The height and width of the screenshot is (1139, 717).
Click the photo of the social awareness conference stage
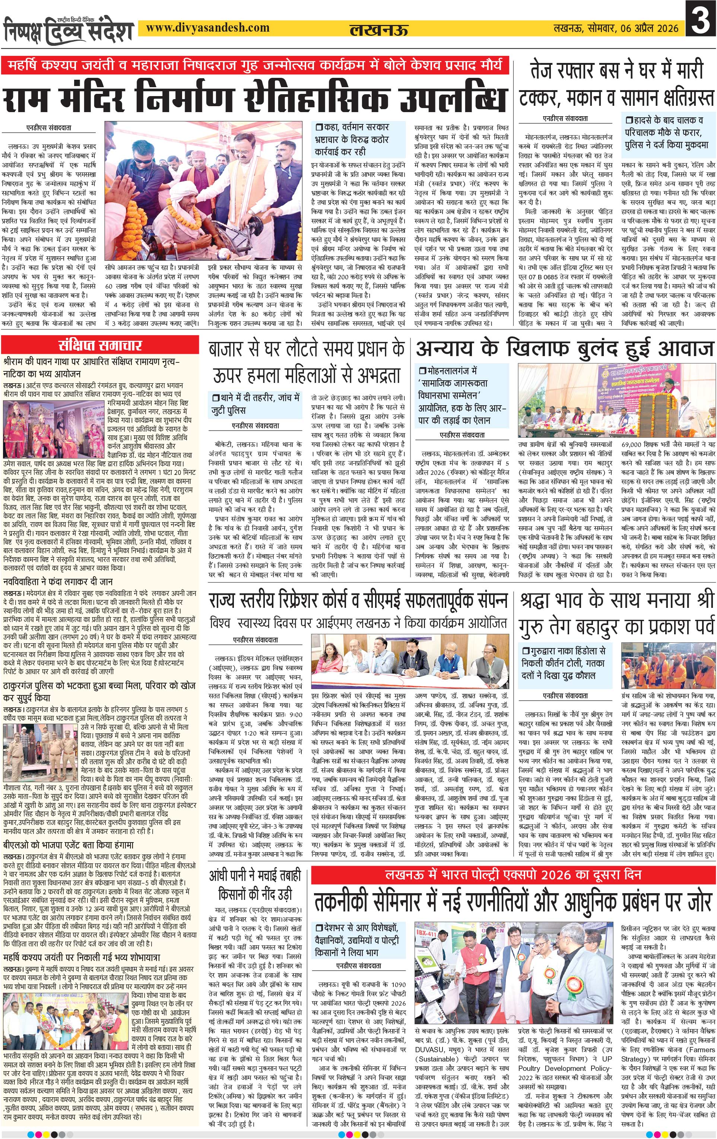[x=616, y=401]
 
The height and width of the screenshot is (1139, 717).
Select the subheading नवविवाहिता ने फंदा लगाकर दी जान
[x=58, y=582]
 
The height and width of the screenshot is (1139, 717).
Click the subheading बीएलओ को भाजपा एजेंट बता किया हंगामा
[x=69, y=845]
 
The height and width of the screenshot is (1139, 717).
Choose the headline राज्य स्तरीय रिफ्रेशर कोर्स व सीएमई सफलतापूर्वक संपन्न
[x=358, y=601]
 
